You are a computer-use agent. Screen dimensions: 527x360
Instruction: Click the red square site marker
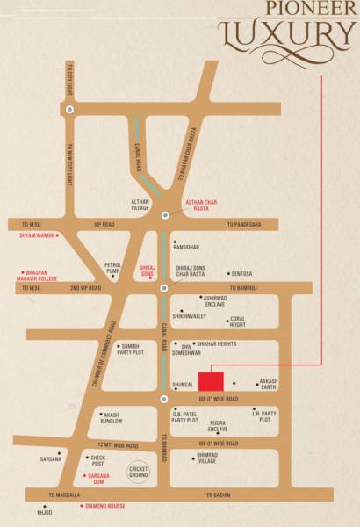[x=211, y=381]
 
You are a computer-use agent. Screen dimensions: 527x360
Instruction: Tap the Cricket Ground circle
[x=137, y=471]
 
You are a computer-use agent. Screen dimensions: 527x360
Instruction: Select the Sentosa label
[x=241, y=273]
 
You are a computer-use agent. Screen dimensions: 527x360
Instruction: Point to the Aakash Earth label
[x=268, y=385]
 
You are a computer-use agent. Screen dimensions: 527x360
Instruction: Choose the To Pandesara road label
[x=242, y=225]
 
